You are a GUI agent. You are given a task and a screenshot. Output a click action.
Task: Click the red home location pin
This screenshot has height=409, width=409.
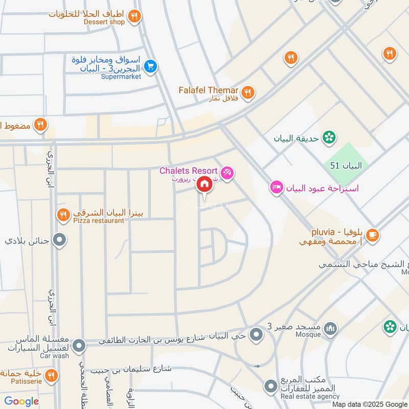204,185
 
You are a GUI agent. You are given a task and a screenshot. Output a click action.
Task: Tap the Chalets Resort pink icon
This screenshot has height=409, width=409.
228,173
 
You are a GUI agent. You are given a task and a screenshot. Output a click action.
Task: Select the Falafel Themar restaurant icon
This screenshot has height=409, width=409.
248,93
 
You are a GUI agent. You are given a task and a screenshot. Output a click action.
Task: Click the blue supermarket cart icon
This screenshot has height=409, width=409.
150,66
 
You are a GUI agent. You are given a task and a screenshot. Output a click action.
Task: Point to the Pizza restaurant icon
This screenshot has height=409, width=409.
63,215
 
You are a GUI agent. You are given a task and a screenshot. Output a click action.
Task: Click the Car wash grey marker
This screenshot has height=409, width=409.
79,347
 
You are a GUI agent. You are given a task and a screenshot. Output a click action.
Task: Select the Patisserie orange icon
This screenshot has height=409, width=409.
51,376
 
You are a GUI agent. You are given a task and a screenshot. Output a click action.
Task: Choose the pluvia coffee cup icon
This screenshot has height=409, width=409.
372,234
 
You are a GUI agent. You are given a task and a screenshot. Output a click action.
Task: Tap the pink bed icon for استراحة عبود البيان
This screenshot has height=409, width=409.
277,187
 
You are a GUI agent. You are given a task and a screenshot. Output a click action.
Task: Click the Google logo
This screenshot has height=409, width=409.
21,401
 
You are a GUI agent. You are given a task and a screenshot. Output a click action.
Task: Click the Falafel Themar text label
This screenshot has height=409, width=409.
208,90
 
